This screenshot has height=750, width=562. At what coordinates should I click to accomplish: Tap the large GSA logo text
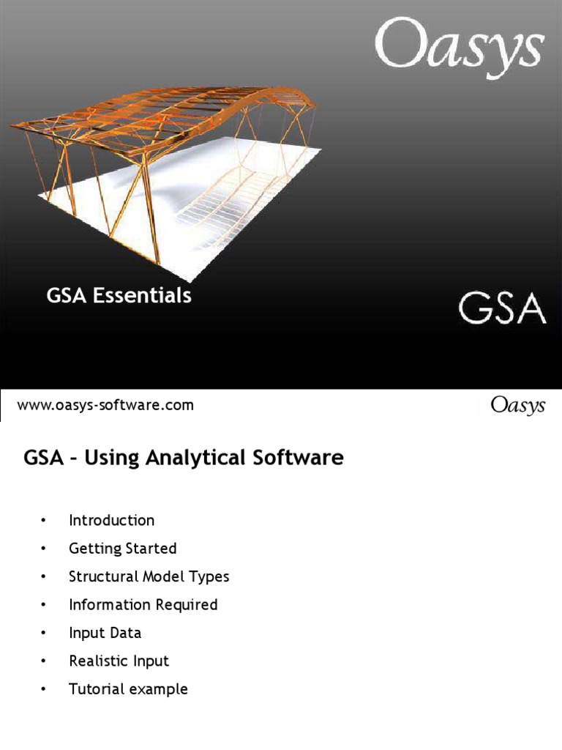click(502, 308)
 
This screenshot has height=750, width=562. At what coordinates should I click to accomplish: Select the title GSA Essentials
click(119, 295)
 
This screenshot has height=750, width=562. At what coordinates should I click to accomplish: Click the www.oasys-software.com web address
click(105, 405)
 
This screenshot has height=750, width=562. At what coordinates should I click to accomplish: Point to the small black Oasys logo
click(518, 405)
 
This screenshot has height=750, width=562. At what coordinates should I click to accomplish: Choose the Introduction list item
click(111, 521)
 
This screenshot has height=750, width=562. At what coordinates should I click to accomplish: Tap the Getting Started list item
click(122, 549)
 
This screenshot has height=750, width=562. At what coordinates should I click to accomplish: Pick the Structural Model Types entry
click(149, 576)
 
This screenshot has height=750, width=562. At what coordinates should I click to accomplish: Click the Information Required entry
click(143, 605)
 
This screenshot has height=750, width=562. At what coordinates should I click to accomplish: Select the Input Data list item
click(105, 633)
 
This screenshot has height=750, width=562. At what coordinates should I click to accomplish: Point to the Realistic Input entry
click(119, 661)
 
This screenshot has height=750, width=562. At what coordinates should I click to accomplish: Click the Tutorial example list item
click(128, 689)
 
